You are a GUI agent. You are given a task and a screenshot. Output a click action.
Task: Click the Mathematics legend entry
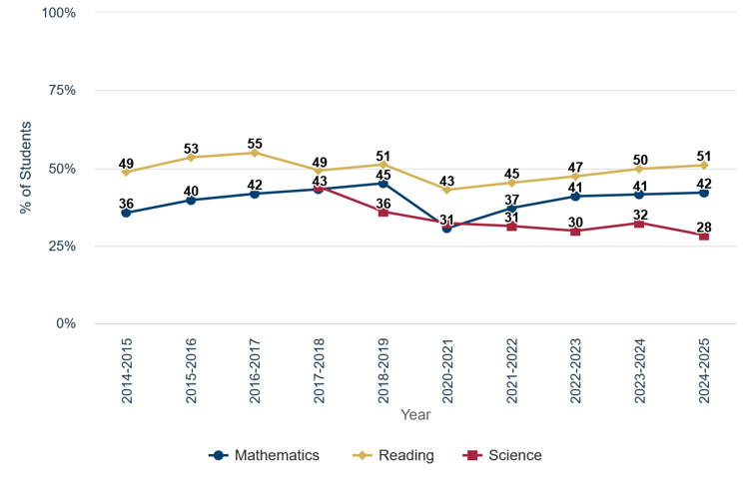click(x=265, y=455)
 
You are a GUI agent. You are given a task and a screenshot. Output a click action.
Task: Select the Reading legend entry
click(x=393, y=455)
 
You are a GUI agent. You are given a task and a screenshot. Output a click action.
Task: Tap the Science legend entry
click(x=503, y=455)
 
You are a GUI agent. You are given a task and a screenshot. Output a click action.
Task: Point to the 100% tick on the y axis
click(x=58, y=13)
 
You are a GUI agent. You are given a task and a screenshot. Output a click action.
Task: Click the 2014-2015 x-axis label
click(x=127, y=368)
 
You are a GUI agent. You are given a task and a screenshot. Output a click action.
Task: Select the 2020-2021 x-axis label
click(x=447, y=368)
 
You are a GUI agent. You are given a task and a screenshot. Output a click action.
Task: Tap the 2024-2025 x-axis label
click(x=704, y=368)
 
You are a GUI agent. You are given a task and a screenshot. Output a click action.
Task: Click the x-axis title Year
click(x=415, y=414)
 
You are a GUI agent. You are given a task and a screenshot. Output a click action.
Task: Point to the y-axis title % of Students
click(x=26, y=168)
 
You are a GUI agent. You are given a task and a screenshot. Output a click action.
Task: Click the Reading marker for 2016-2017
click(x=255, y=153)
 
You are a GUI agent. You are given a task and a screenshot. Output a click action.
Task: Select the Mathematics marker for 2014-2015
click(x=126, y=213)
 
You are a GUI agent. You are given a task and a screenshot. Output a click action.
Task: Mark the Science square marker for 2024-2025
click(x=704, y=237)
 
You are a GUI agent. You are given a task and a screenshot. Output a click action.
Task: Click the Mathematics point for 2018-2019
click(x=383, y=184)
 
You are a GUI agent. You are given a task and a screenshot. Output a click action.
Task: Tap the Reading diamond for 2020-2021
click(x=446, y=190)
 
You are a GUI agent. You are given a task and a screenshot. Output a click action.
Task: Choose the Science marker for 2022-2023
click(x=575, y=231)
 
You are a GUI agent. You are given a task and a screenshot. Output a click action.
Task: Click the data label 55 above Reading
click(x=255, y=139)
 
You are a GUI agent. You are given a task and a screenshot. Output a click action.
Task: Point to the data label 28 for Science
click(x=704, y=222)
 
